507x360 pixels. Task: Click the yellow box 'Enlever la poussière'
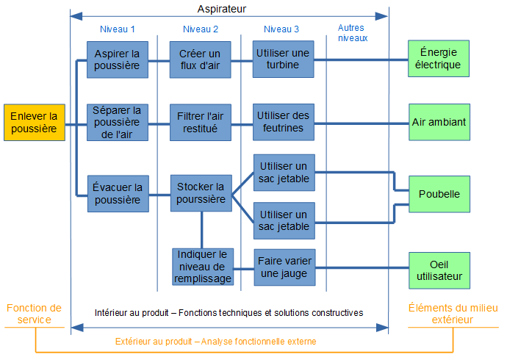[34, 123]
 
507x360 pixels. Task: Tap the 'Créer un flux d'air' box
[201, 59]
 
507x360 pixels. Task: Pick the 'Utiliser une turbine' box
[284, 59]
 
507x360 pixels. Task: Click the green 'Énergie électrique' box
[439, 59]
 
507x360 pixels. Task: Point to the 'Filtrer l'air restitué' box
[201, 122]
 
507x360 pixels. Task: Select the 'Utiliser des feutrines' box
[284, 122]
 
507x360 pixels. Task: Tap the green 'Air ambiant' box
[439, 122]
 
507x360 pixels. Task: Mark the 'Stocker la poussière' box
[201, 193]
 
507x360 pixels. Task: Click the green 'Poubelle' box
[439, 194]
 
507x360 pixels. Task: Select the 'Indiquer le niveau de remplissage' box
[202, 267]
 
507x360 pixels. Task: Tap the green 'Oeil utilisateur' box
[439, 270]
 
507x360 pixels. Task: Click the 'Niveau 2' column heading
[200, 29]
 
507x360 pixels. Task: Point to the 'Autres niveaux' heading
[352, 33]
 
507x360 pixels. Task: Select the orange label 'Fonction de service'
[34, 314]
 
